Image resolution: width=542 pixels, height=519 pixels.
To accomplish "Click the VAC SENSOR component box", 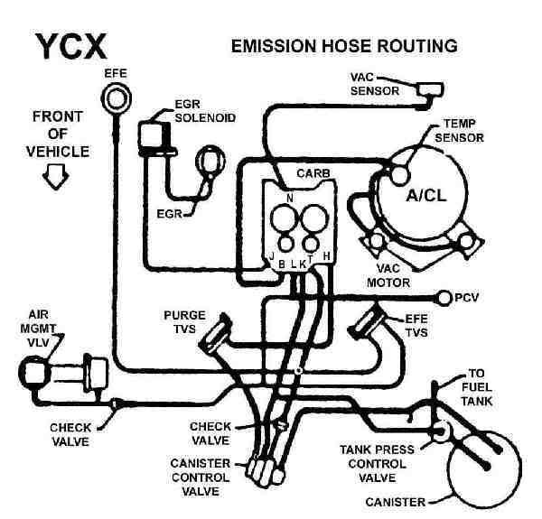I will [425, 88].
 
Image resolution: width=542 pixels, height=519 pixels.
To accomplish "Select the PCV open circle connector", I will [444, 295].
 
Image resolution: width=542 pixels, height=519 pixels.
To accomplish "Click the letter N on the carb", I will [289, 197].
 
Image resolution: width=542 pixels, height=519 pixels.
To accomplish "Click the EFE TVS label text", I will [415, 327].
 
